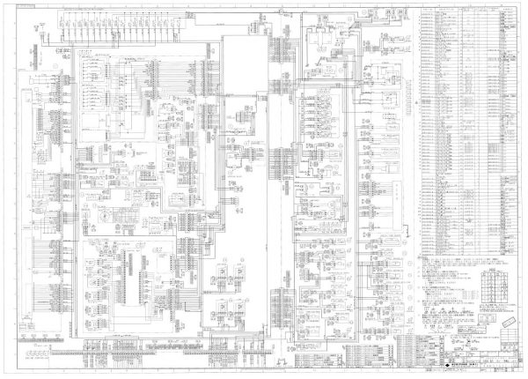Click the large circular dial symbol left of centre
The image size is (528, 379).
tap(104, 214)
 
